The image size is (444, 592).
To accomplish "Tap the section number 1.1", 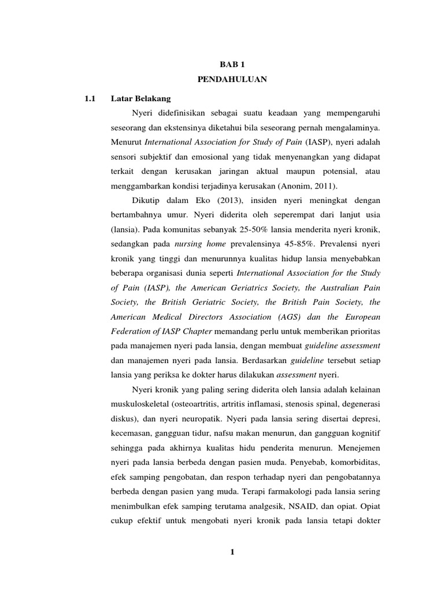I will tap(89, 96).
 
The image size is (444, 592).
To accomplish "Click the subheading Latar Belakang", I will tap(141, 96).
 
